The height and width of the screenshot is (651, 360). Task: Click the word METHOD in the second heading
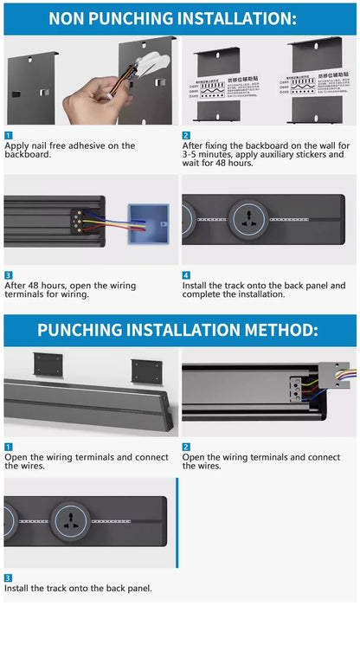274,330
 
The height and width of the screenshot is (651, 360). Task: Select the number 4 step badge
186,275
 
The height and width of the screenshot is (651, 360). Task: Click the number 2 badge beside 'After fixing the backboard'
186,136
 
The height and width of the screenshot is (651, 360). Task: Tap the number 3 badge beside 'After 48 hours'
8,275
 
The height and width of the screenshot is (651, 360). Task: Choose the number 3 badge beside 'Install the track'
8,577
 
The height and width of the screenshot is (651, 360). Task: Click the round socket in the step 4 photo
248,221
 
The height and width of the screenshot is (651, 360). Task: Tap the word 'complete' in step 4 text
203,294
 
